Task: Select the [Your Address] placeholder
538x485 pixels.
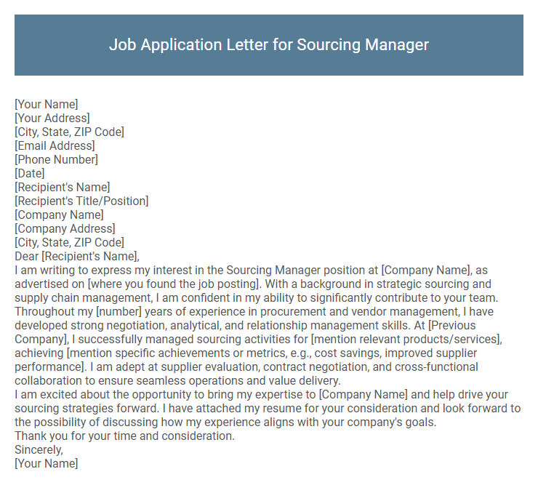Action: [x=52, y=118]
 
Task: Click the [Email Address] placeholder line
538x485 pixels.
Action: [x=55, y=145]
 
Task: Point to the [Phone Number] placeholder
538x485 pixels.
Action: [x=56, y=159]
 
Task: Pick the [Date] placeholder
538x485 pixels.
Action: [x=30, y=173]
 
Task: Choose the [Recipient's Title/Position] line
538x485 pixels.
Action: [x=81, y=201]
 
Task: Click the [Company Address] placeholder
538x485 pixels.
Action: [x=65, y=228]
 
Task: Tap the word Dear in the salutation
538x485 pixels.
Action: [x=26, y=256]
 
